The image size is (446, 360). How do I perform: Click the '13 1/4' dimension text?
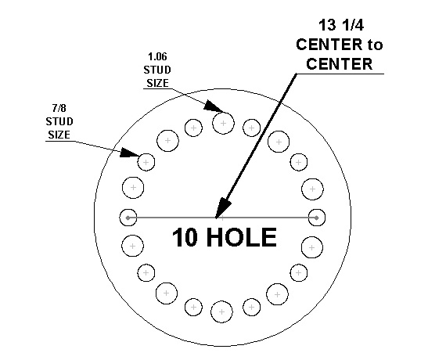(x=340, y=25)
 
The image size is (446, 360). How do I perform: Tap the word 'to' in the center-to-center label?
(x=375, y=45)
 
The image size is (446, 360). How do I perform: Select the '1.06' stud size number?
(x=157, y=56)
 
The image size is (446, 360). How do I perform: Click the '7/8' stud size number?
(x=59, y=108)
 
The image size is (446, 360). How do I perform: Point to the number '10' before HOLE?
(x=185, y=237)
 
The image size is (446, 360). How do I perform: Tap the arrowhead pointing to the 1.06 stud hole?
(x=213, y=106)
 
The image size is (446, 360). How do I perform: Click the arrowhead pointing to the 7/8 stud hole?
(x=129, y=153)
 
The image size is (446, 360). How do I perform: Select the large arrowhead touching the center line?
(x=223, y=207)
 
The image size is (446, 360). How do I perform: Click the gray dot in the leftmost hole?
(x=128, y=218)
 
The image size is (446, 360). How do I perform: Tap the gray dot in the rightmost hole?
(x=317, y=218)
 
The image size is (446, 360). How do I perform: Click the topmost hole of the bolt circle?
(x=223, y=123)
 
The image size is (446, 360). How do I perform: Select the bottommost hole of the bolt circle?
(x=221, y=312)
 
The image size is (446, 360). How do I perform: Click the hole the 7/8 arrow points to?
(x=146, y=162)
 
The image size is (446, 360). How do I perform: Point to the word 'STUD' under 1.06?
(x=157, y=70)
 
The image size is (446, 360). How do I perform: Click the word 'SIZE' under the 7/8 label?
(x=59, y=135)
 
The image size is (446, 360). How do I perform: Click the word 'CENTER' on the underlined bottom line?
(x=340, y=63)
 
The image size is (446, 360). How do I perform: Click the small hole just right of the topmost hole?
(x=251, y=128)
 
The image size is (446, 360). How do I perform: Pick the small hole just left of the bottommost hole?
(x=193, y=308)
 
